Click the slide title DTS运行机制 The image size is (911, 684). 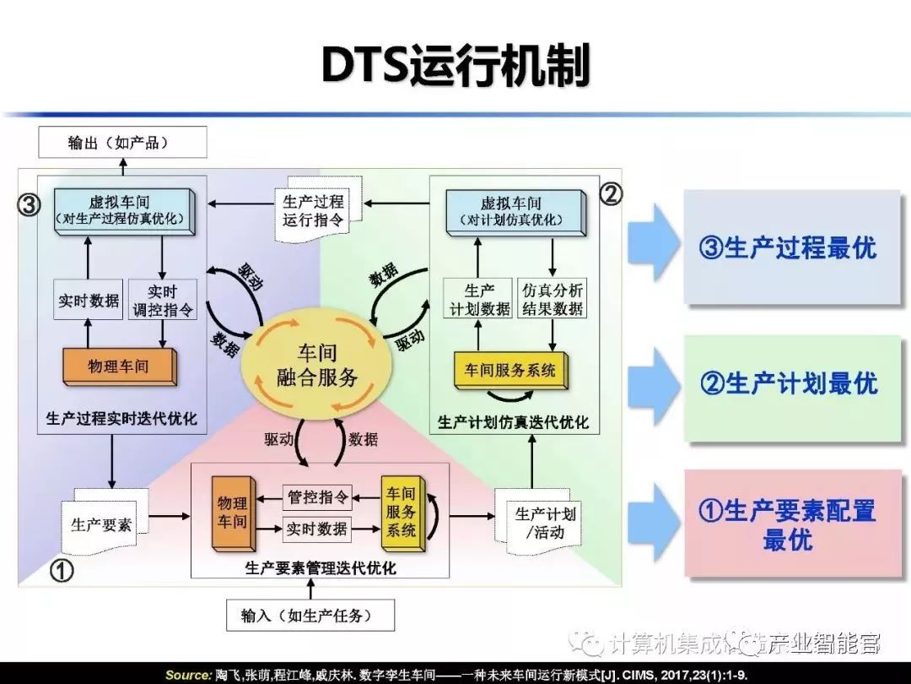(455, 65)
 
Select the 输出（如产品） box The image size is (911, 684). (122, 143)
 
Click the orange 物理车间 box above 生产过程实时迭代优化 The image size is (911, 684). (119, 366)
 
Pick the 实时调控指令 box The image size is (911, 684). (163, 300)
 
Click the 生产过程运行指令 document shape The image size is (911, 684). (313, 211)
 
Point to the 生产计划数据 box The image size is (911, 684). (477, 299)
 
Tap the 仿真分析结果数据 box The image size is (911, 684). (552, 299)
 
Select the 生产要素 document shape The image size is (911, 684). (101, 524)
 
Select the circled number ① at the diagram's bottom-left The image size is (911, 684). (62, 571)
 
